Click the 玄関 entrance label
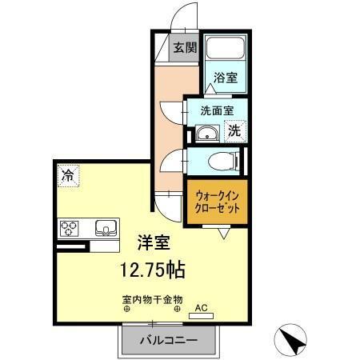pyautogui.click(x=186, y=47)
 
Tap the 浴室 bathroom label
pyautogui.click(x=226, y=78)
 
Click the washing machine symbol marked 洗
pyautogui.click(x=234, y=131)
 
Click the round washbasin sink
pyautogui.click(x=207, y=133)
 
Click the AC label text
pyautogui.click(x=201, y=307)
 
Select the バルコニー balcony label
pyautogui.click(x=170, y=339)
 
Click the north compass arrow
pyautogui.click(x=295, y=342)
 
